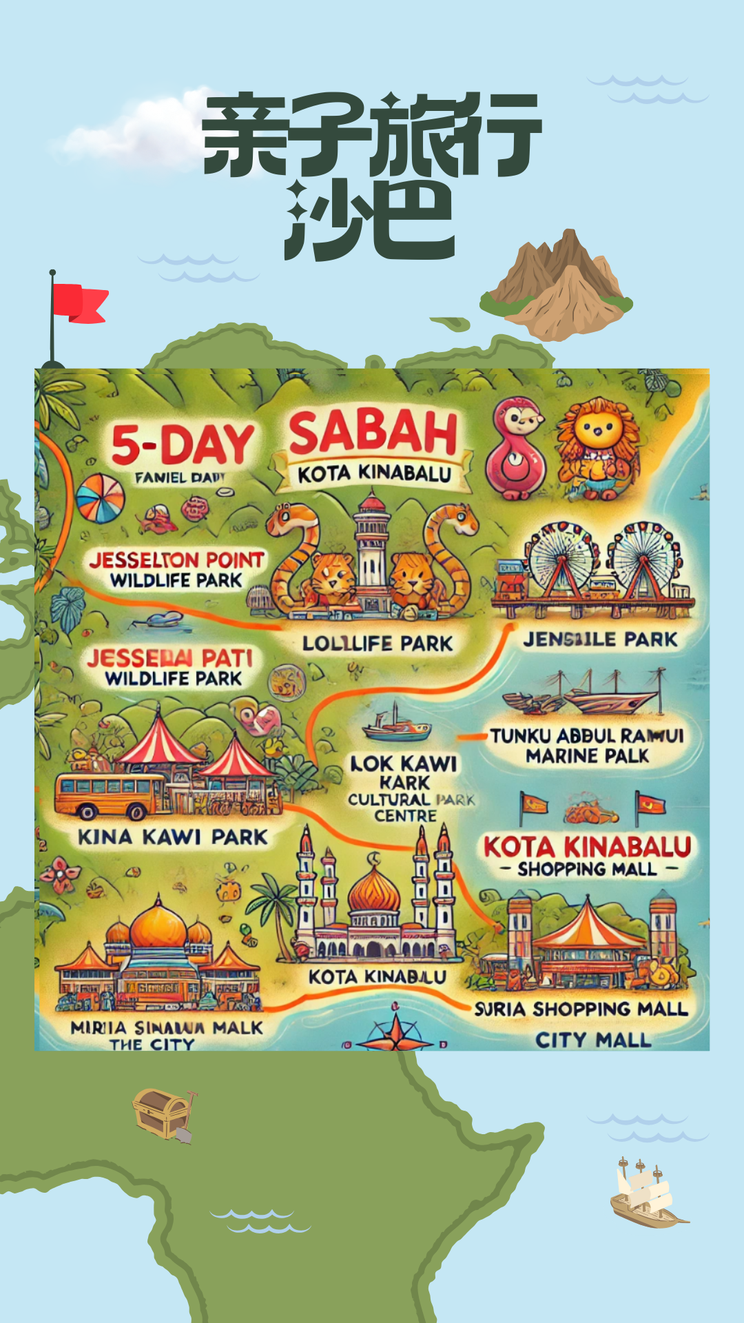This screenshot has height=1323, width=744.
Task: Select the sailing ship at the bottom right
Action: [645, 1196]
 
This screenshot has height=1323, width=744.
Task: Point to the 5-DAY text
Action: [183, 444]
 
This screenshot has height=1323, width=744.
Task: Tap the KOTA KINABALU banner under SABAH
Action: [374, 474]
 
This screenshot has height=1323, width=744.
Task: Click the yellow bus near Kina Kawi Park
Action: [110, 796]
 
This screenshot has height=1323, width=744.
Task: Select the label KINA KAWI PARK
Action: [172, 837]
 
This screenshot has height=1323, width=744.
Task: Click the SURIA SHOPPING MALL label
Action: [581, 1009]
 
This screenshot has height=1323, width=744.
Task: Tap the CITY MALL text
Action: [593, 1040]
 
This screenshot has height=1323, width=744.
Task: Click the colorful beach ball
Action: [100, 498]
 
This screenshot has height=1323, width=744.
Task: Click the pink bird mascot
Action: [517, 448]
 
